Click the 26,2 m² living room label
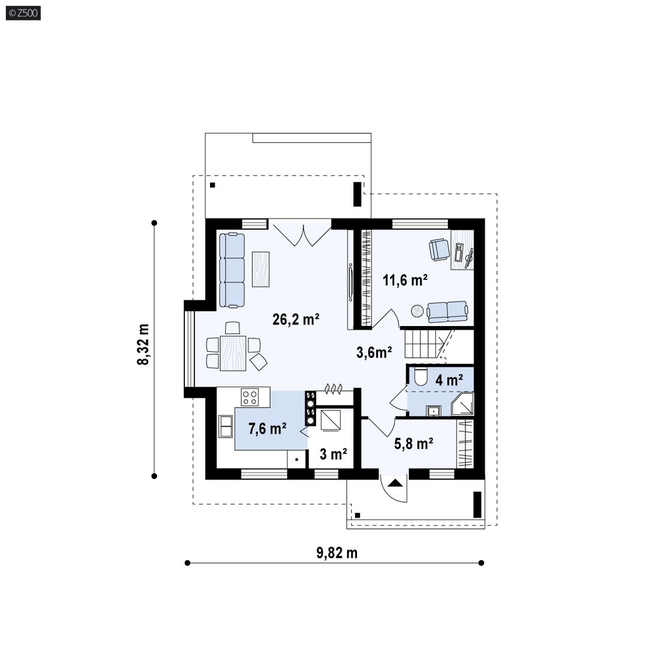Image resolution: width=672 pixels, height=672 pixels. [x=296, y=319]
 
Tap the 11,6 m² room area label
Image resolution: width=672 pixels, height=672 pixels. [x=405, y=280]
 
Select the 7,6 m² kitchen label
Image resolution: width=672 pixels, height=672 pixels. [x=267, y=428]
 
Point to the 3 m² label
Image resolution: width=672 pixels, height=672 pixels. [x=333, y=453]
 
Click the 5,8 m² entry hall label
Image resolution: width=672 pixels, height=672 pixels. [x=414, y=443]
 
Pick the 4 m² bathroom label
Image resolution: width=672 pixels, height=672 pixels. [x=449, y=380]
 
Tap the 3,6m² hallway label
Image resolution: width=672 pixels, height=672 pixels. [x=374, y=352]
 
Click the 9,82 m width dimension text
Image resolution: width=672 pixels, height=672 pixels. [x=337, y=553]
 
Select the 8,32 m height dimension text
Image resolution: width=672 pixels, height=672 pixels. [x=143, y=345]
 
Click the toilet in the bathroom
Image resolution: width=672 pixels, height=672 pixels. [x=420, y=377]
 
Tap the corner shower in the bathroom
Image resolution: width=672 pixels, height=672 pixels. [x=463, y=404]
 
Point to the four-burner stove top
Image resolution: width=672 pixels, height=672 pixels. [x=250, y=397]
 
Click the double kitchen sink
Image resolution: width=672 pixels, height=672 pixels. [x=225, y=426]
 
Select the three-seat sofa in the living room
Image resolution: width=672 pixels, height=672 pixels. [x=232, y=270]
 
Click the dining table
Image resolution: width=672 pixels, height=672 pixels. [x=233, y=353]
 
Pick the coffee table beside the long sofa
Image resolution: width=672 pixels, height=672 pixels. [x=261, y=269]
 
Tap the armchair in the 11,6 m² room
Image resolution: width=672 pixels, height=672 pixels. [x=439, y=250]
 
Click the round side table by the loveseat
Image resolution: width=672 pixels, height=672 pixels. [x=418, y=311]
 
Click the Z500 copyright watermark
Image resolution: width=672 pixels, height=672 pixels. [x=23, y=13]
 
